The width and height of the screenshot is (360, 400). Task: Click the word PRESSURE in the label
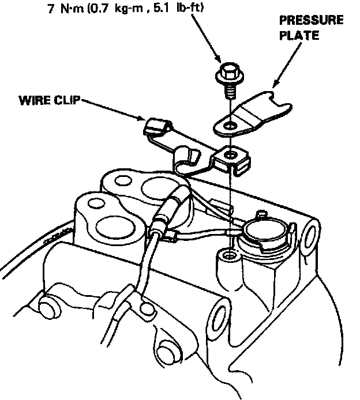point(311,21)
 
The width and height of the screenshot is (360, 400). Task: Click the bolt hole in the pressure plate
point(230,124)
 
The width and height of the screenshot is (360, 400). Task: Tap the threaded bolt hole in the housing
point(230,254)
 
